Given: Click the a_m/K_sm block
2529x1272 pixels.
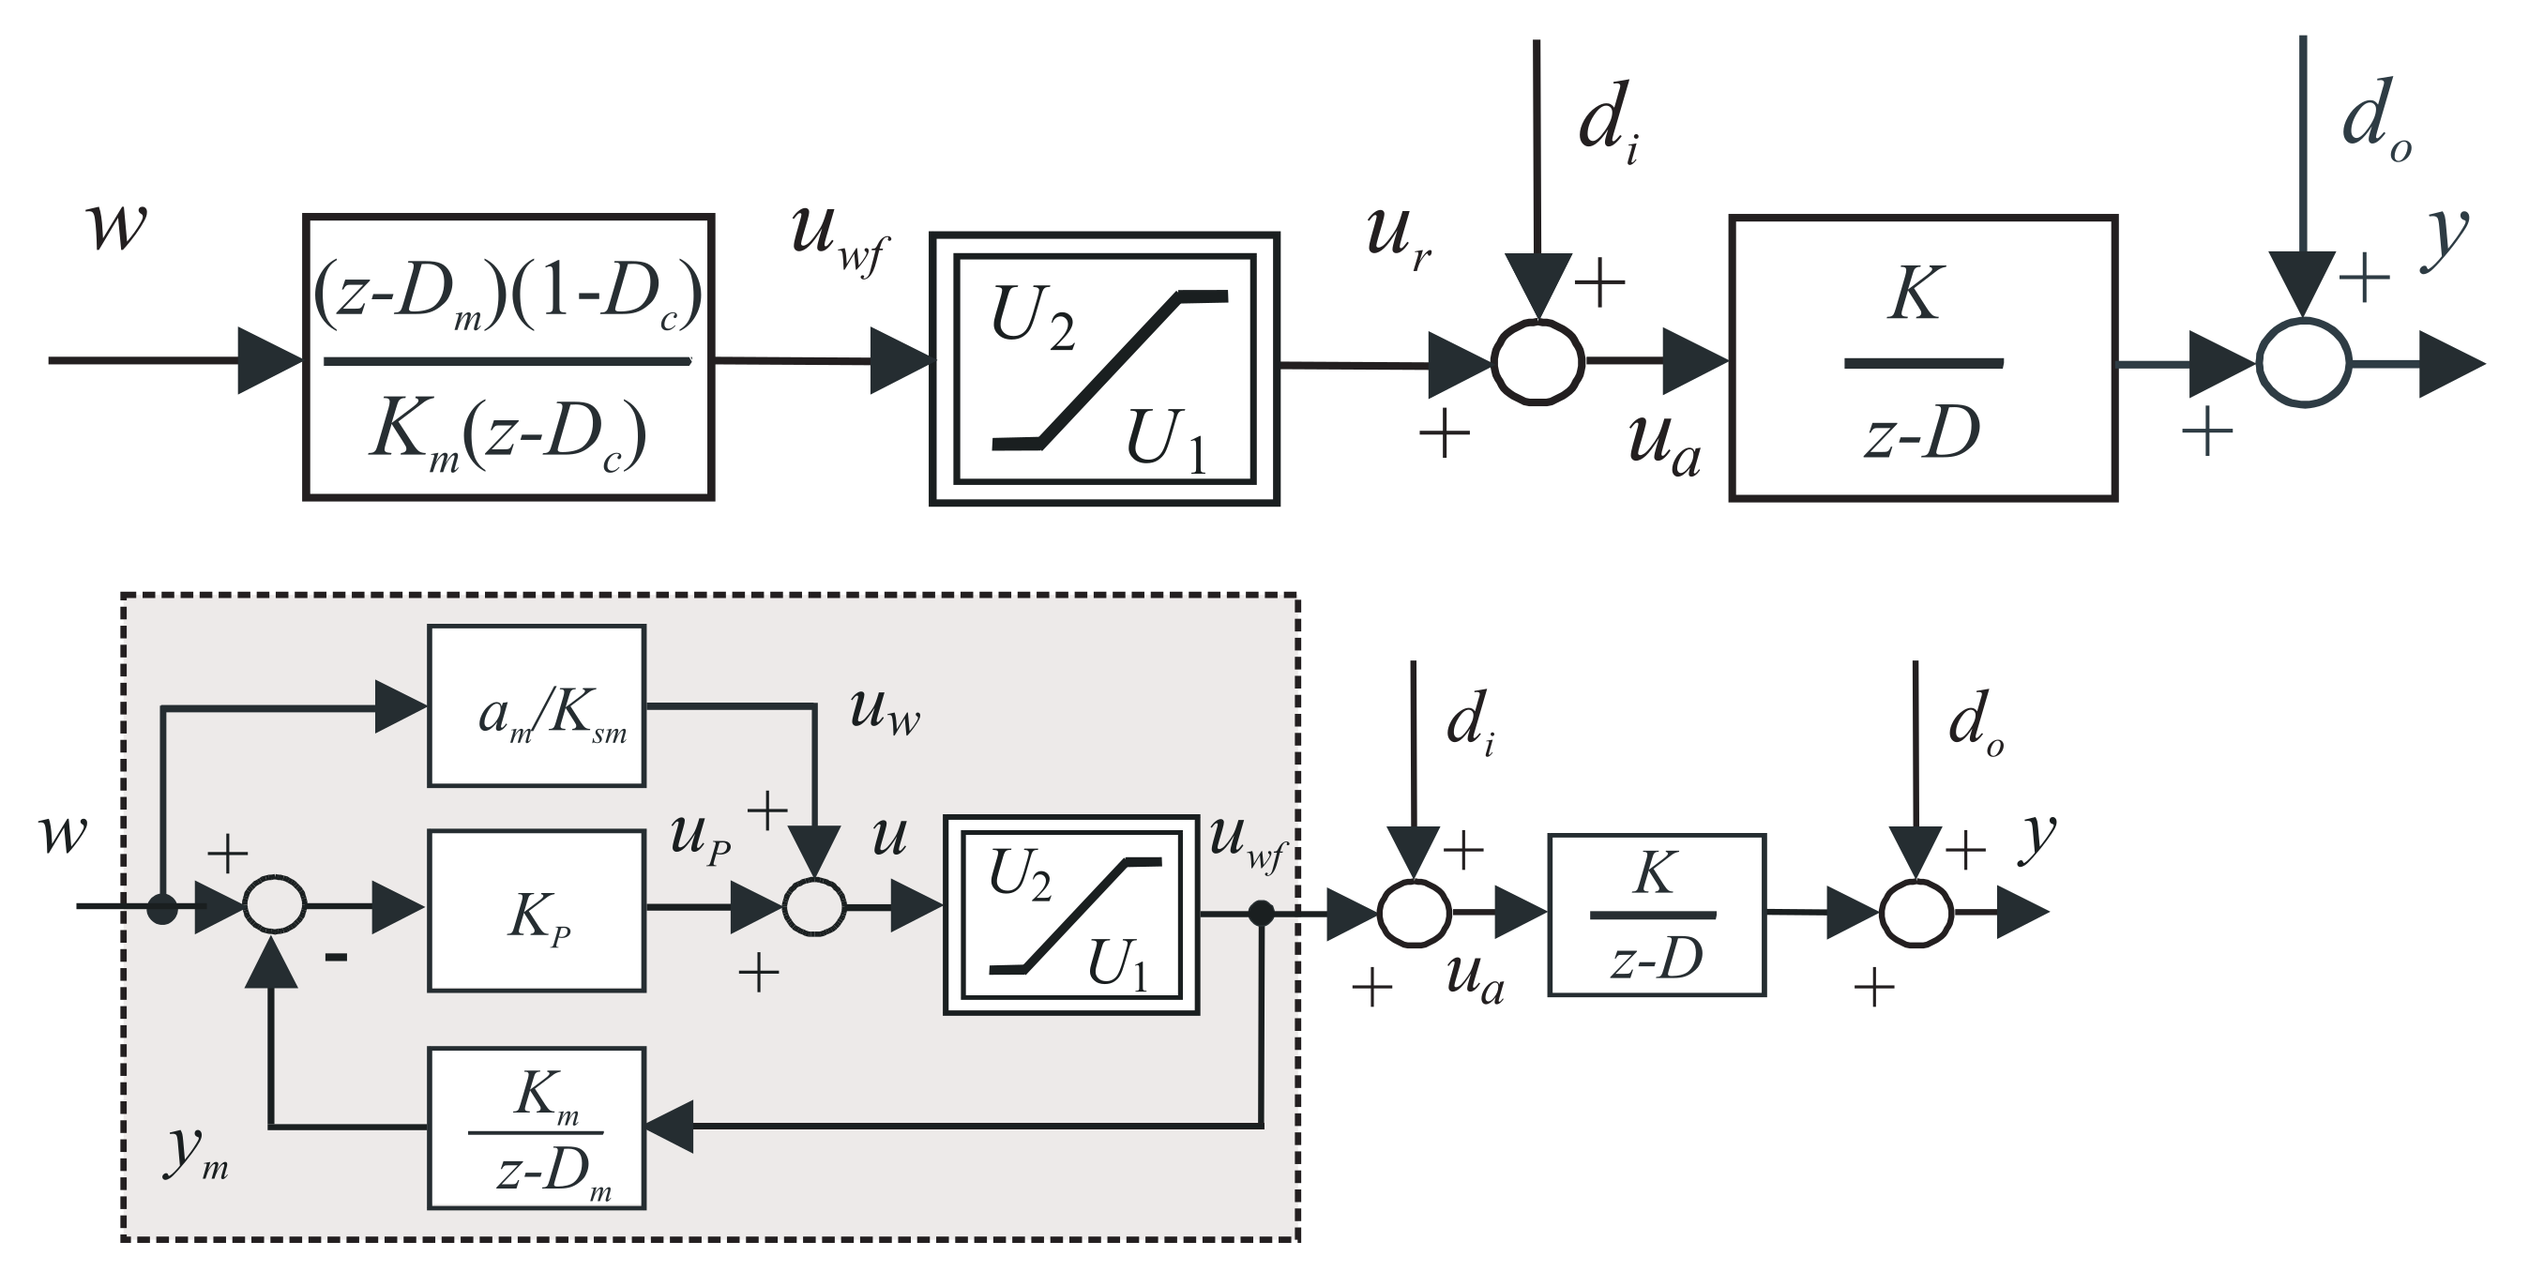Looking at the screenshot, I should point(536,706).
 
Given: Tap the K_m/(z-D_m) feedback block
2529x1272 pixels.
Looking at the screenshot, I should point(536,1128).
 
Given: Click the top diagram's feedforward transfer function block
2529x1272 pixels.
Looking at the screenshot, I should point(507,357).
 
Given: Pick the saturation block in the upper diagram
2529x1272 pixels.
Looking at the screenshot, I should point(1104,369).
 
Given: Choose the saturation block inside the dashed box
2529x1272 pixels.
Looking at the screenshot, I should point(1071,914).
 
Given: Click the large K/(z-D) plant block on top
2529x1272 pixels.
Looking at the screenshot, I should point(1923,358).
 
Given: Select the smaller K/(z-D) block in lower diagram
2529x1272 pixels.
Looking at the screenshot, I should point(1657,915).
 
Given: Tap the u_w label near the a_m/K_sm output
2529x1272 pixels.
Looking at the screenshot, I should point(885,713).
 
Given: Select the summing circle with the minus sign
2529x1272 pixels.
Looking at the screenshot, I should point(275,905).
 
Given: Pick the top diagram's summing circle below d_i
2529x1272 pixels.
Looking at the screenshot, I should point(1537,361).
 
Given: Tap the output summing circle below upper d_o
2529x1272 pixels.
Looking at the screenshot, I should point(2303,362).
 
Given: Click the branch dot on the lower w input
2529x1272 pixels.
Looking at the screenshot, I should point(162,909).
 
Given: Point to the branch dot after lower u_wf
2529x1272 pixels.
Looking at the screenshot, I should point(1261,915).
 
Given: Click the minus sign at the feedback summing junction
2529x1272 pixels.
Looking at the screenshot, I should point(337,957).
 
